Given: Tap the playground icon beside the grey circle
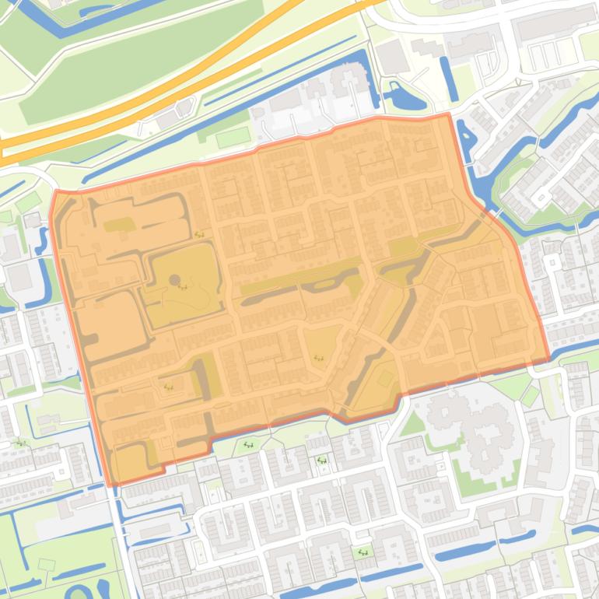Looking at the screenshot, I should point(184,286).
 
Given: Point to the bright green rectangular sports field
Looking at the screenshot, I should point(233,138).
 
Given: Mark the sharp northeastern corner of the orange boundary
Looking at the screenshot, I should point(448,114).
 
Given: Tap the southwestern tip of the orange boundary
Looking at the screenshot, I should point(111,484).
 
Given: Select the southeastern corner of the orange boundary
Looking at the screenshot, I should point(548,359).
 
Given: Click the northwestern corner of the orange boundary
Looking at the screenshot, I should point(55,191).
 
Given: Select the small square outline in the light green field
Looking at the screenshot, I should point(47,564).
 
